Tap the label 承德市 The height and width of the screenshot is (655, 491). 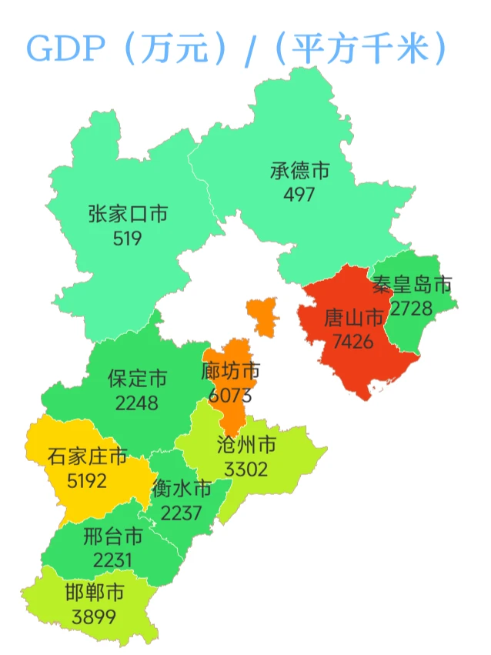299,170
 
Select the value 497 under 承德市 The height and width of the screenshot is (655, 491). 299,194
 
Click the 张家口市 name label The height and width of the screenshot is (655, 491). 127,214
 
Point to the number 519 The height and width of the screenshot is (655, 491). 127,238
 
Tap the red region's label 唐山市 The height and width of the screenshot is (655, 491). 353,317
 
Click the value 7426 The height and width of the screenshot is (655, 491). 353,341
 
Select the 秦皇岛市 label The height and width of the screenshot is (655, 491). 412,286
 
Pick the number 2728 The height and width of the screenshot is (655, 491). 412,309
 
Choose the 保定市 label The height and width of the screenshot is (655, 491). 137,378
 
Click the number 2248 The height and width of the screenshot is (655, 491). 136,402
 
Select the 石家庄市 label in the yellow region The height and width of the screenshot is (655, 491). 87,457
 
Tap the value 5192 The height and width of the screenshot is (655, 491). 87,481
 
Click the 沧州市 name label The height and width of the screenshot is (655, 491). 246,445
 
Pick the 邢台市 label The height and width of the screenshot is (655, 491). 113,536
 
